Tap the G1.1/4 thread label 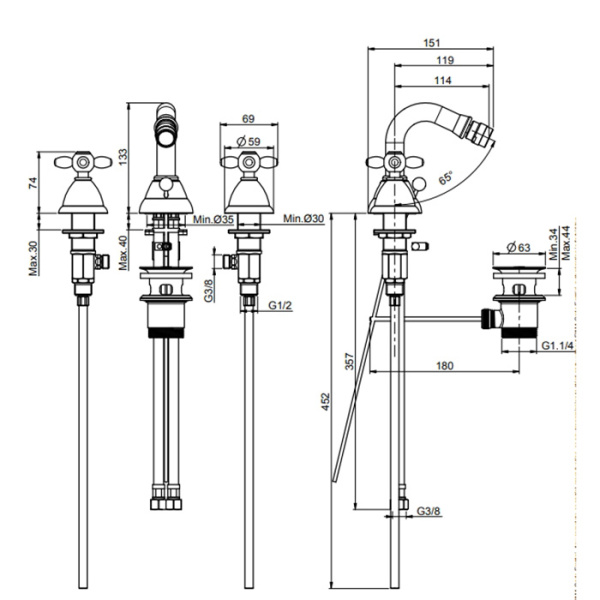(556, 346)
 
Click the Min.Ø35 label (214, 219)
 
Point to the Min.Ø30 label (303, 219)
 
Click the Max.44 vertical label (566, 244)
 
